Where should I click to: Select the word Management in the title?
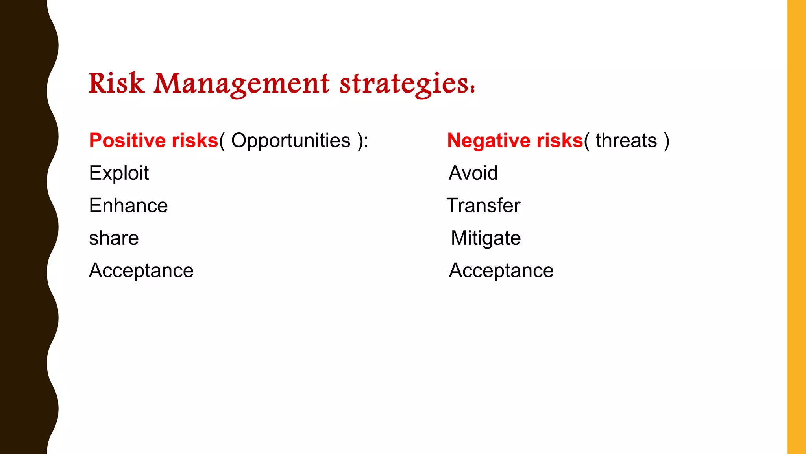(x=241, y=84)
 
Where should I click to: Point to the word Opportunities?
(x=290, y=141)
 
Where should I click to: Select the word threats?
(x=626, y=141)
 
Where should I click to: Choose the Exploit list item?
(x=119, y=173)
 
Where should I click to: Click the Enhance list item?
(x=128, y=206)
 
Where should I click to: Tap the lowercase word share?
(x=114, y=238)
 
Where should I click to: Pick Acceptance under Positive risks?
(x=141, y=271)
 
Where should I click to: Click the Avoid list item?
(x=473, y=173)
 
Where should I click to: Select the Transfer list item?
(x=483, y=206)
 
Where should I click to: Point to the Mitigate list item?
(x=486, y=238)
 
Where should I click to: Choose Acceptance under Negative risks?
(x=501, y=271)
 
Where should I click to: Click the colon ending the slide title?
(x=472, y=89)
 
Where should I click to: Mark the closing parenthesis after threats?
(x=666, y=141)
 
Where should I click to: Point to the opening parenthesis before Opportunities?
(x=222, y=141)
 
